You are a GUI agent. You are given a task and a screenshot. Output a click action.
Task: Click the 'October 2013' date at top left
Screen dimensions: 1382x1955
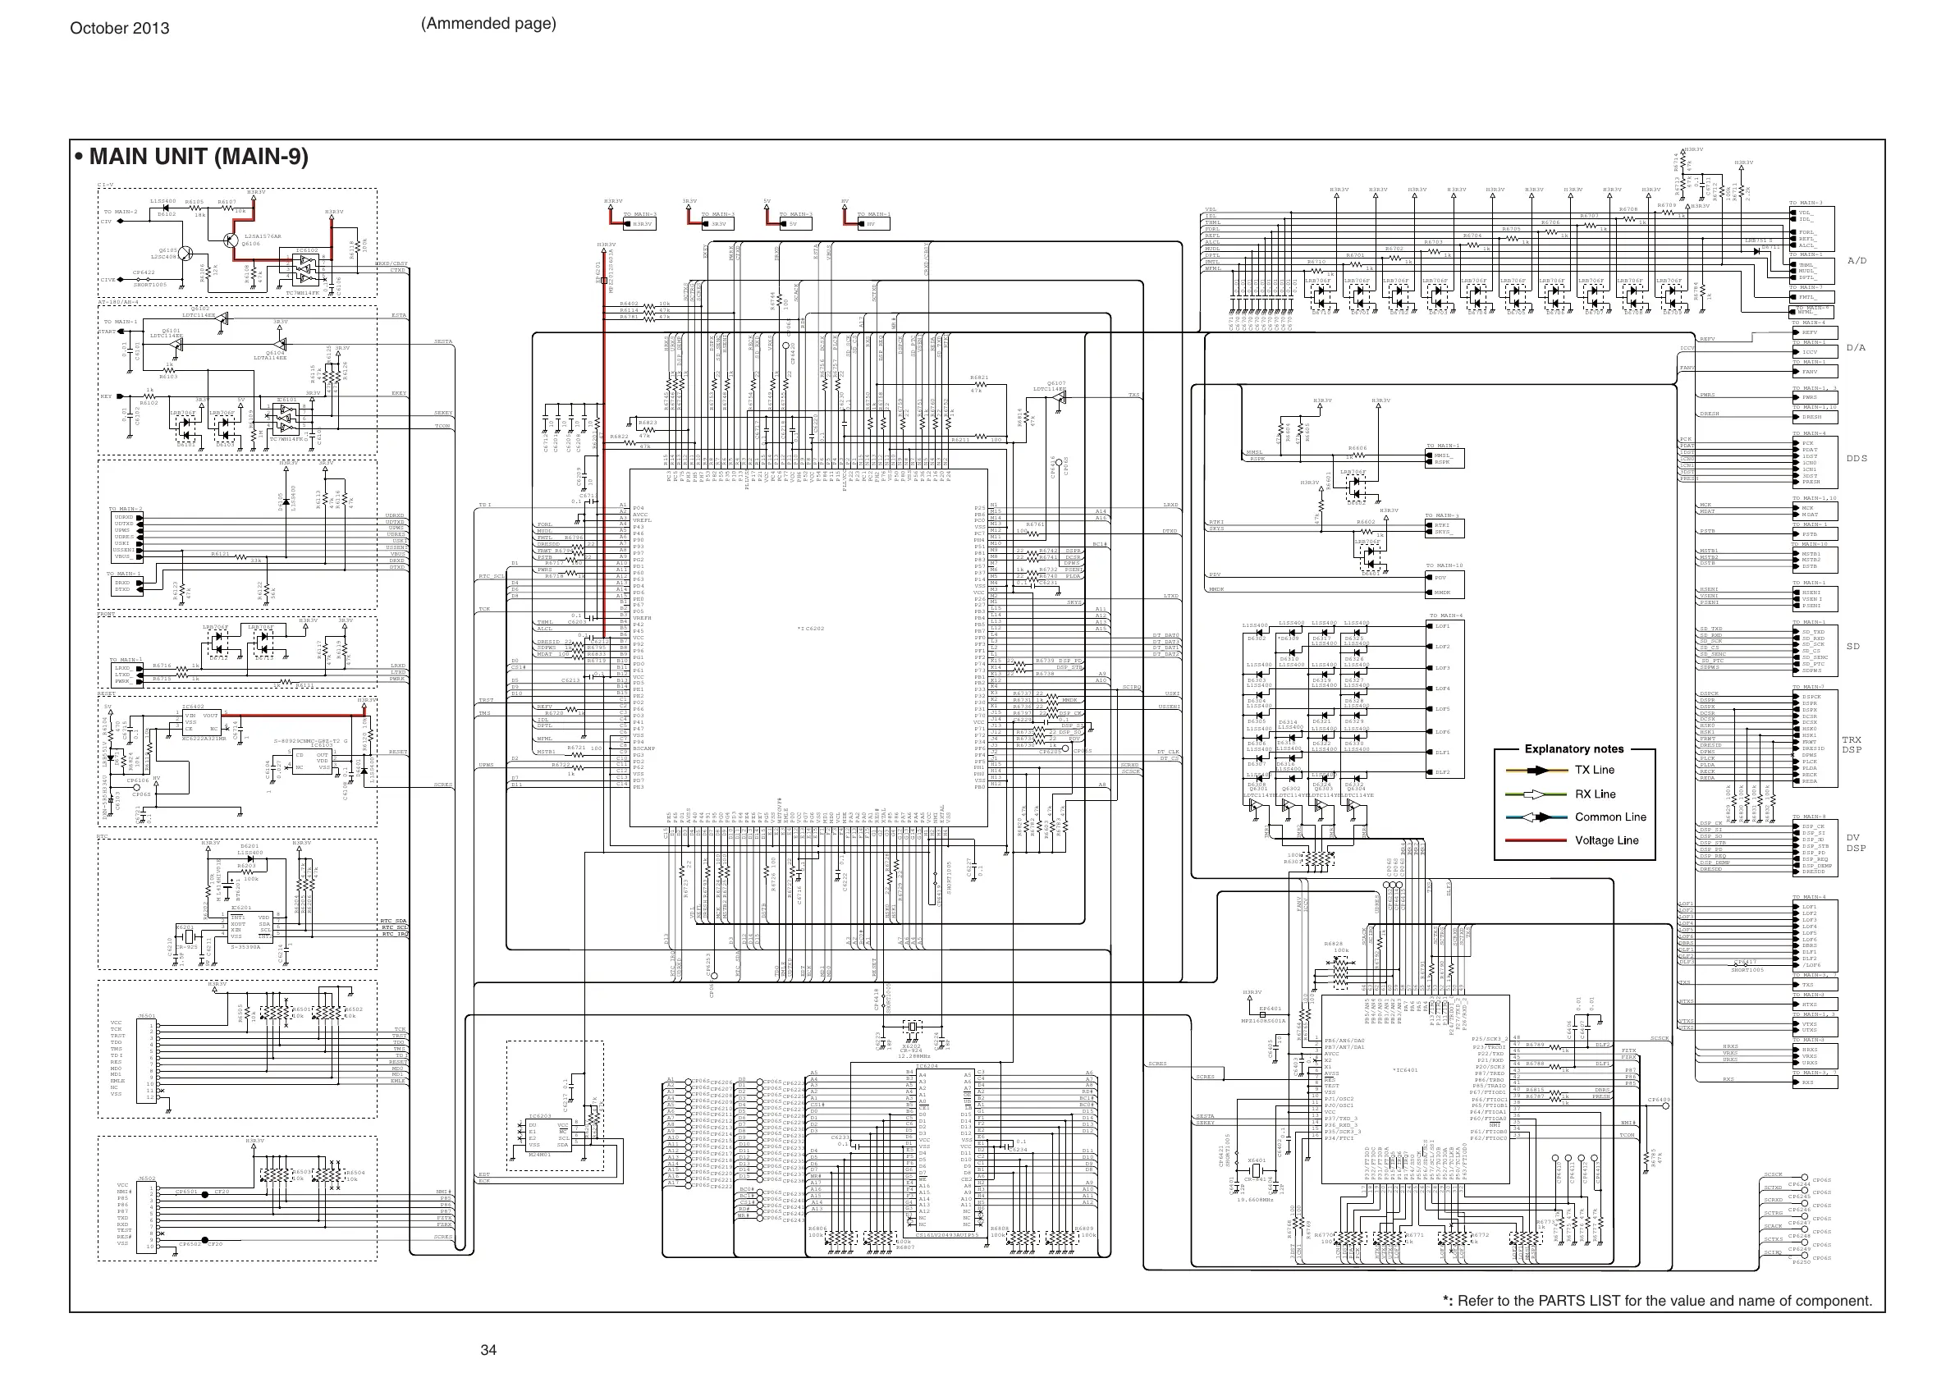coord(119,28)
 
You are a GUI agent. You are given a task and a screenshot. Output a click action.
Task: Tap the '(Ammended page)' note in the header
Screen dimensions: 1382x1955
coord(488,24)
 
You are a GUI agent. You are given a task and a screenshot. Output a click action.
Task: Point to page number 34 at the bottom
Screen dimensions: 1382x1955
coord(488,1350)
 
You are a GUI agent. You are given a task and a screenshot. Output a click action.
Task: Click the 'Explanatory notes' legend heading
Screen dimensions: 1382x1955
coord(1573,749)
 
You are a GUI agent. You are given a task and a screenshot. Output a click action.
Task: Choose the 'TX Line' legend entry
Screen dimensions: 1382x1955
coord(1594,771)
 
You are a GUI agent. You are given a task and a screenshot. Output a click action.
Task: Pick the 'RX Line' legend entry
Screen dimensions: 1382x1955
coord(1594,794)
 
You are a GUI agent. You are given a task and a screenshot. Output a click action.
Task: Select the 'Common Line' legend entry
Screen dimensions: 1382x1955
coord(1609,817)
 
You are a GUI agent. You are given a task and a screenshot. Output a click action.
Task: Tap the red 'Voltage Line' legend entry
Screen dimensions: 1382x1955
coord(1606,840)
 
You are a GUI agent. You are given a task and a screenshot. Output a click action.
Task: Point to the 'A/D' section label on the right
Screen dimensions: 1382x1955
coord(1857,261)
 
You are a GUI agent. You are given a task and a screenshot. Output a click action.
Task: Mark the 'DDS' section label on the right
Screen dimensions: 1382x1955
coord(1857,459)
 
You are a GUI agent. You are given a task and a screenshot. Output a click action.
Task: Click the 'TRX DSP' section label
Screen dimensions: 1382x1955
coord(1852,745)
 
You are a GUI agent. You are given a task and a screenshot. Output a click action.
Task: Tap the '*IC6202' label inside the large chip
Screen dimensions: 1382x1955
coord(811,629)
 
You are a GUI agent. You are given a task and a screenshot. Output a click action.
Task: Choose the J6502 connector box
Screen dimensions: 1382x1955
coord(146,1216)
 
